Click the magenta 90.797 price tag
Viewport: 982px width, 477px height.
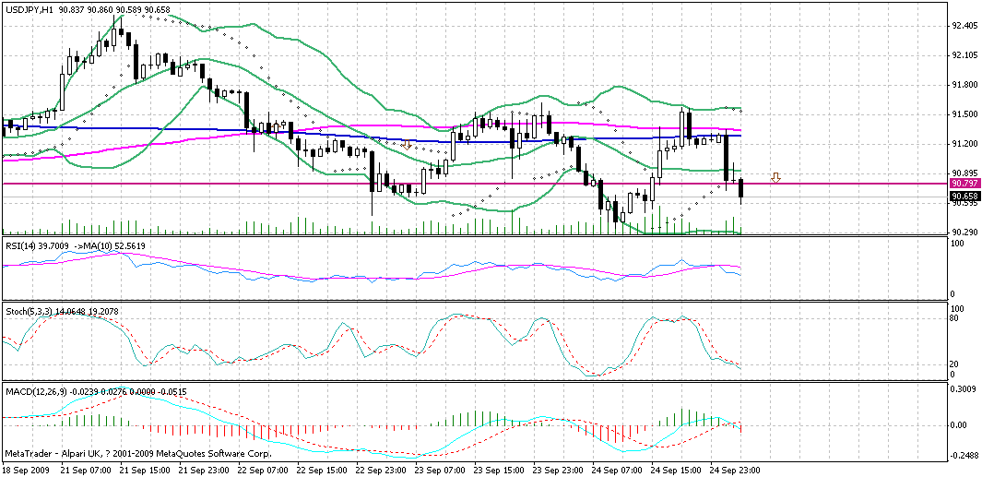point(964,184)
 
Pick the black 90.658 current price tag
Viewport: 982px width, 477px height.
point(964,196)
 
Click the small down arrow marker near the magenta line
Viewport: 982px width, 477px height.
point(776,177)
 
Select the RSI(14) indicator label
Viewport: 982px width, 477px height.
point(23,247)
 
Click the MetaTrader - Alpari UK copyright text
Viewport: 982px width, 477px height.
point(138,454)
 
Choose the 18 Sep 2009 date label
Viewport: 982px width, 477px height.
point(25,470)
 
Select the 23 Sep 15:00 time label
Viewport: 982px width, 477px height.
point(501,470)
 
